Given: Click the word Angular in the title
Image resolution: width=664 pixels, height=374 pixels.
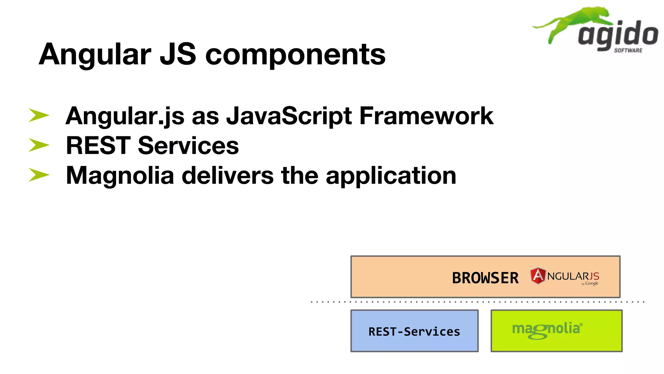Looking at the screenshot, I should [95, 55].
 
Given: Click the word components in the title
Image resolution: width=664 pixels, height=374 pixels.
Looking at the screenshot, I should [295, 55].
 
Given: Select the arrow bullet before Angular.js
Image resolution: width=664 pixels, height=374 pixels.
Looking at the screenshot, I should [39, 116].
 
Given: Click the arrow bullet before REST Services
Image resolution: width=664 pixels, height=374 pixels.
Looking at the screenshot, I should [39, 145].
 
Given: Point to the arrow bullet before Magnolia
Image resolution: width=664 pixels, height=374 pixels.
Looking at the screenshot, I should [39, 175].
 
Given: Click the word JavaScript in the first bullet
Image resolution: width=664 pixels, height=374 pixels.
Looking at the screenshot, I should [289, 116].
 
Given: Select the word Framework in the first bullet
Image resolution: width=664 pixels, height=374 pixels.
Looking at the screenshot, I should [426, 116].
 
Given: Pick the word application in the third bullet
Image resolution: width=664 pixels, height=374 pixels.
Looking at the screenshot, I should [391, 176].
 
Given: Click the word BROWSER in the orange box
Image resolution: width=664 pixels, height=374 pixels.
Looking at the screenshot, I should [485, 278].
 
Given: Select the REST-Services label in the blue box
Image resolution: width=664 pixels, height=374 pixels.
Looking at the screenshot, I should [414, 331].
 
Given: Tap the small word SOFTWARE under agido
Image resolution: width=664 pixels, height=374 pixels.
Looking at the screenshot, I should [628, 50].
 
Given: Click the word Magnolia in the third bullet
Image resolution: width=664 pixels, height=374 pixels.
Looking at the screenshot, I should [120, 175].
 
